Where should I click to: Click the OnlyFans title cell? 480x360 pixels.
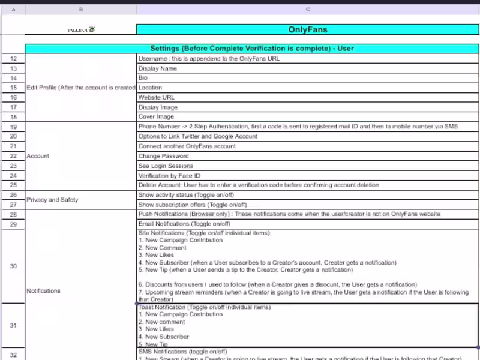pyautogui.click(x=308, y=29)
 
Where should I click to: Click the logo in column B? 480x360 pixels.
pyautogui.click(x=81, y=29)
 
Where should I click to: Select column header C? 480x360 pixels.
pyautogui.click(x=308, y=10)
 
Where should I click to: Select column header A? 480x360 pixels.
pyautogui.click(x=13, y=10)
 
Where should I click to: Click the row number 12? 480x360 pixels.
pyautogui.click(x=13, y=59)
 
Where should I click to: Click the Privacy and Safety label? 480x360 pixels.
pyautogui.click(x=52, y=200)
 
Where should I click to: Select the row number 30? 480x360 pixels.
pyautogui.click(x=13, y=266)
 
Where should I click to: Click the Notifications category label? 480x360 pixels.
pyautogui.click(x=43, y=290)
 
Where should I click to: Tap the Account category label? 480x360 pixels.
pyautogui.click(x=38, y=156)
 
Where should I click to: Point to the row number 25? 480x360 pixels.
pyautogui.click(x=13, y=185)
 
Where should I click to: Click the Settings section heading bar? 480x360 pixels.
pyautogui.click(x=252, y=48)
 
